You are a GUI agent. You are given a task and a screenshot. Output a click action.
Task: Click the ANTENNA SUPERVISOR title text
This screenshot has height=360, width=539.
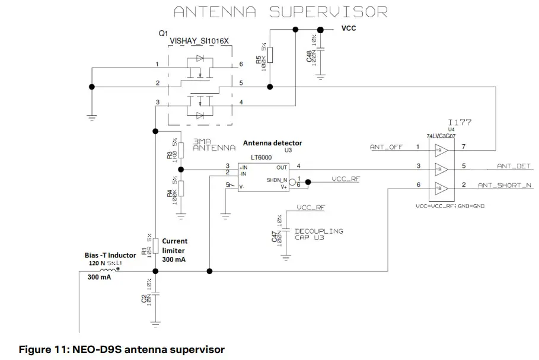[x=280, y=11]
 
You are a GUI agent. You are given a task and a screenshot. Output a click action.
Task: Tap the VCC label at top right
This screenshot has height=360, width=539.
[x=348, y=28]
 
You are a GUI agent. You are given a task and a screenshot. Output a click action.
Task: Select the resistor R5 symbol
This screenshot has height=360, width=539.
[x=270, y=55]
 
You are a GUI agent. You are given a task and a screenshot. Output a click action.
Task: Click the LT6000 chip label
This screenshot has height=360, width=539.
[x=259, y=158]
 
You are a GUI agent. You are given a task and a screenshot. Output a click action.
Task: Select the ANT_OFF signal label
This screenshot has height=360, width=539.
[x=387, y=146]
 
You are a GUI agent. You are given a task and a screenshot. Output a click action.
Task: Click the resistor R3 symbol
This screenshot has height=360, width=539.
[x=182, y=151]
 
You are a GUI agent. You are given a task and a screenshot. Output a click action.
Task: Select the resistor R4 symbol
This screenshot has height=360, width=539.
[x=182, y=189]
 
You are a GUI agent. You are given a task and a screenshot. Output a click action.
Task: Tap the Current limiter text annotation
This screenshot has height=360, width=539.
[x=174, y=250]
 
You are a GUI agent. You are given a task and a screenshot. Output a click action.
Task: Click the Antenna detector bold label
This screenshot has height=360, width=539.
[x=272, y=143]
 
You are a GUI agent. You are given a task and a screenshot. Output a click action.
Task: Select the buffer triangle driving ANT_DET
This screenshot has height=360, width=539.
[x=439, y=167]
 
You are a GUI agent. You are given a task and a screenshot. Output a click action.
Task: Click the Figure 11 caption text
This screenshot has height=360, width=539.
[x=122, y=349]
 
